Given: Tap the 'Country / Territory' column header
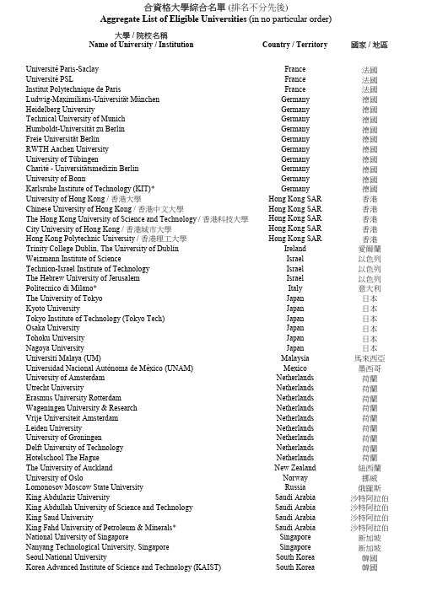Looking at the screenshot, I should pos(294,45).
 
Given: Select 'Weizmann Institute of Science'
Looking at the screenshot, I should pos(73,259).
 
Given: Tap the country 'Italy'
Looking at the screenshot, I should pos(294,288).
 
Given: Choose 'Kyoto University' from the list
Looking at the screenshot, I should pos(53,309).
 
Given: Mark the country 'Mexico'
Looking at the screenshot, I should pos(294,368).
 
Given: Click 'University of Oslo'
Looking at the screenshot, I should pos(55,478).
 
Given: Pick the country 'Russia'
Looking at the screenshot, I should pos(294,487).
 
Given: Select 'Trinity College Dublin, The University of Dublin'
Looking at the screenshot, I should pos(102,249).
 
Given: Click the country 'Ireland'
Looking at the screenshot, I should pos(294,249).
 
